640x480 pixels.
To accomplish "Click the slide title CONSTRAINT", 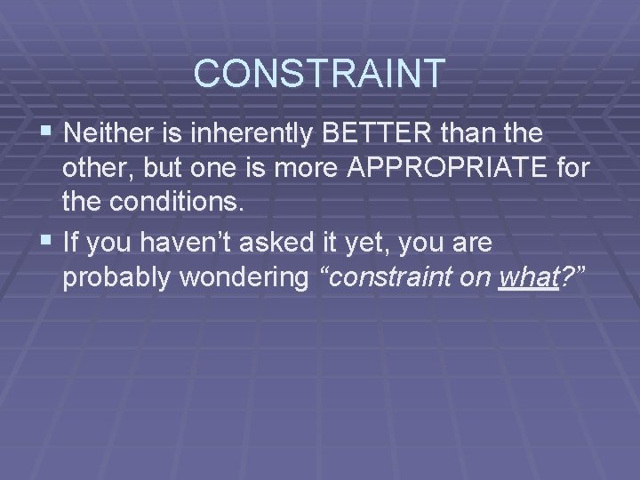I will pyautogui.click(x=319, y=73).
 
